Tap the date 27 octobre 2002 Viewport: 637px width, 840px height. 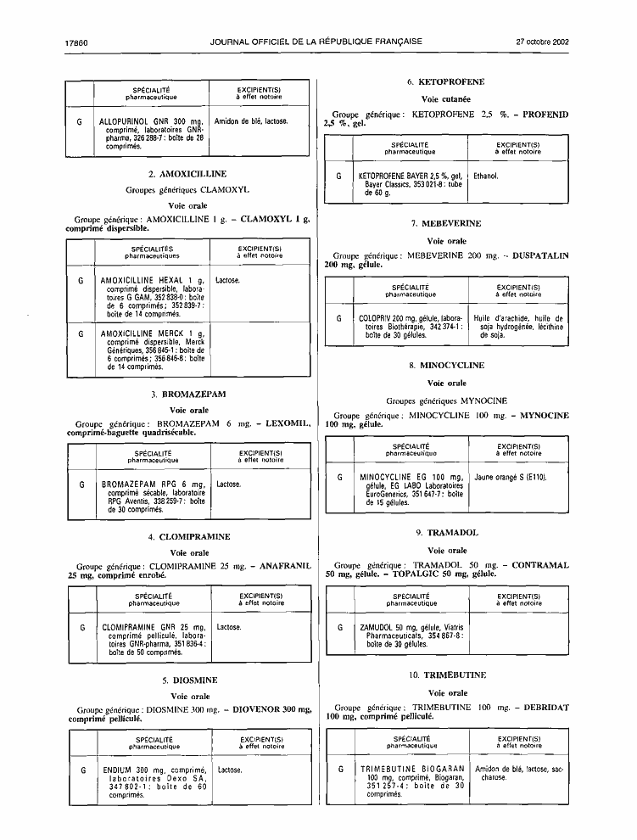pos(542,42)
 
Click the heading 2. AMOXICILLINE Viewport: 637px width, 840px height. pos(187,174)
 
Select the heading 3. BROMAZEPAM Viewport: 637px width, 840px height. pos(188,395)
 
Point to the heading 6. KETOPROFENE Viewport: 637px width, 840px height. pos(446,82)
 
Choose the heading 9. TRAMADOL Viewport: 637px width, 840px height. pos(447,533)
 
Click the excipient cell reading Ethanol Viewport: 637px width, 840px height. pos(486,176)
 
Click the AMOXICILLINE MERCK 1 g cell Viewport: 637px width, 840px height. pos(153,350)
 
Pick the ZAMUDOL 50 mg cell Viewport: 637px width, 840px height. pos(411,636)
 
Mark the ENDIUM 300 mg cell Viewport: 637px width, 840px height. pos(155,782)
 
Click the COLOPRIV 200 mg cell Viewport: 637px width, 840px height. pos(411,327)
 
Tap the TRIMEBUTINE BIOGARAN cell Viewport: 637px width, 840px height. pos(412,781)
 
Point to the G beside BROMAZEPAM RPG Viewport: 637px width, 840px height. pos(82,484)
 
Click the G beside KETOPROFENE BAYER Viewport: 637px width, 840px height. pos(338,176)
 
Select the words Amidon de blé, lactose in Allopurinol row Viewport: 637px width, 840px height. pos(251,121)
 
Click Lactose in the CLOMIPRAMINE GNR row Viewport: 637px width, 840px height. pos(229,627)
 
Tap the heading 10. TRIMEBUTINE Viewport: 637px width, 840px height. pos(447,675)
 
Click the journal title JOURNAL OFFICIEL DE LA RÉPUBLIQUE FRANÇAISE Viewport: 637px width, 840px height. pos(316,42)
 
